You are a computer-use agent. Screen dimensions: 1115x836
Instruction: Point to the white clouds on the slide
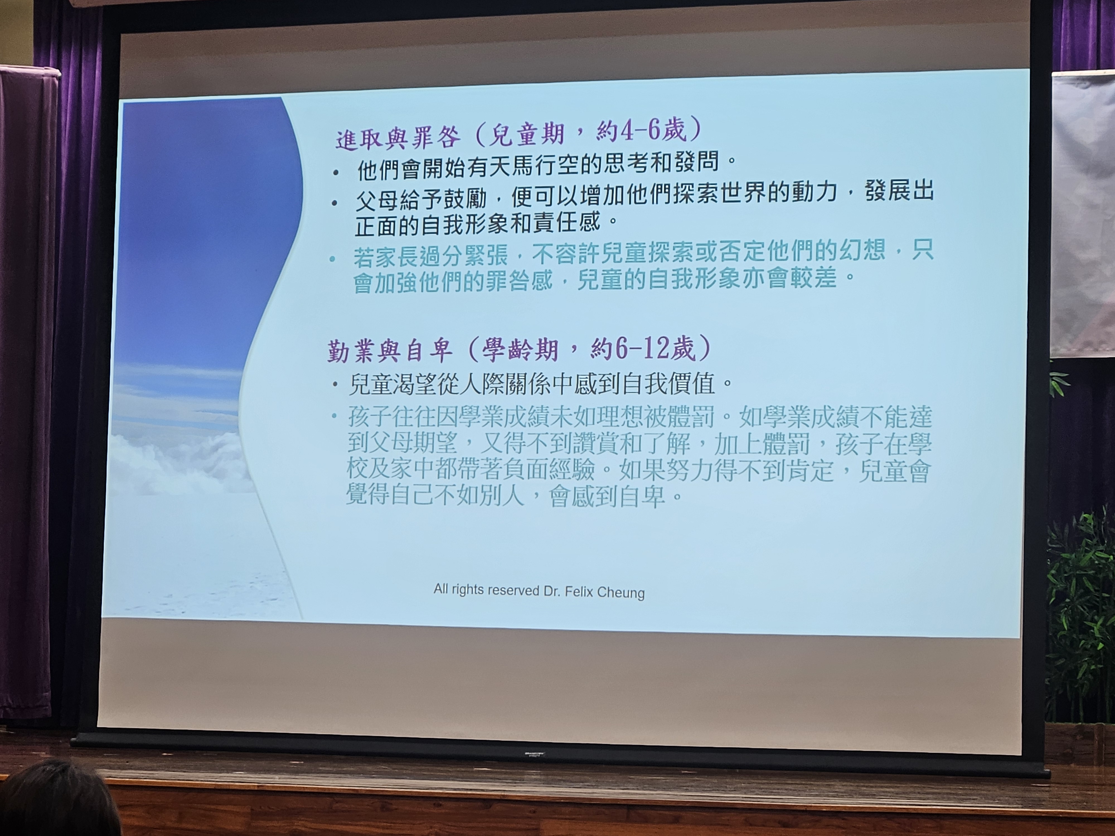(x=176, y=461)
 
